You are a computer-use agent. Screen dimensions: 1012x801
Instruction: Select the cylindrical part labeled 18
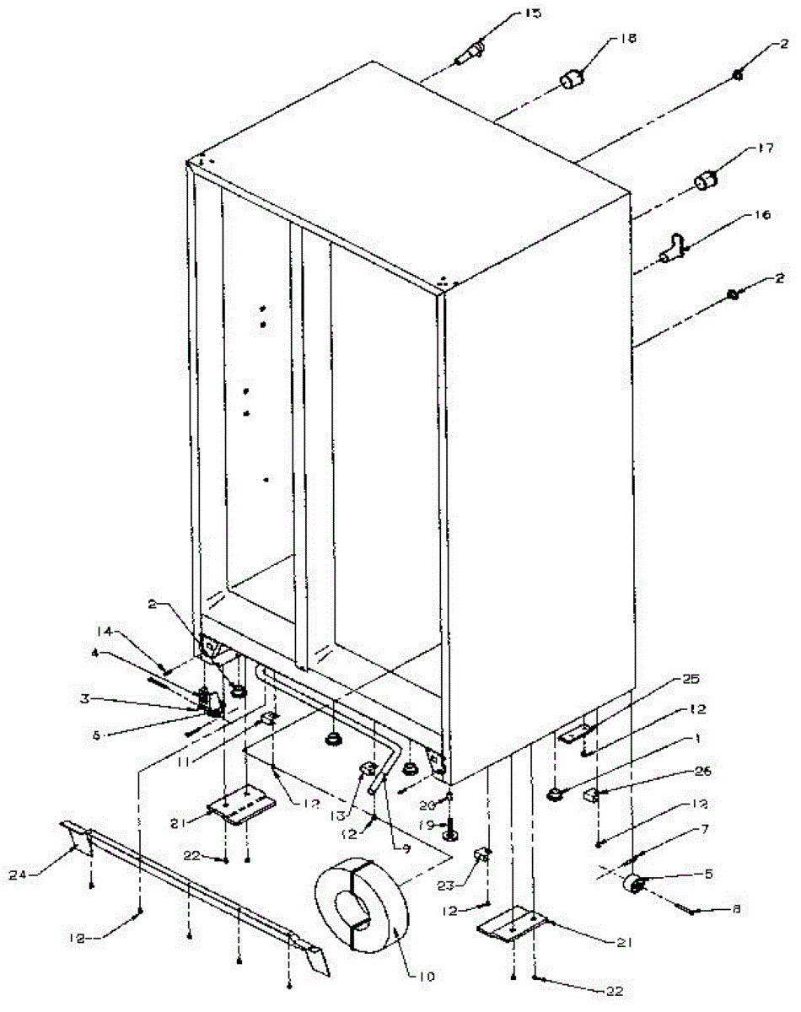point(573,82)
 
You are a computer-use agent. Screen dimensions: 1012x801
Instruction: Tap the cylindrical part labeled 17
point(706,180)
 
